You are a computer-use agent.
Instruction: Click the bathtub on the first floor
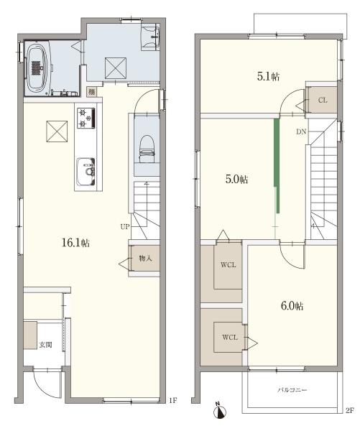point(37,69)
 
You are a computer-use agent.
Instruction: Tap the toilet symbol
point(147,149)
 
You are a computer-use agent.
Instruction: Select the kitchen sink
point(86,172)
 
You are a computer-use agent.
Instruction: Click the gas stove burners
point(86,118)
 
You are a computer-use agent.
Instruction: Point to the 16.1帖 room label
point(75,243)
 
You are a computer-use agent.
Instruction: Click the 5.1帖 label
point(269,76)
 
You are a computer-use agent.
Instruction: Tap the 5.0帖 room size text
point(237,179)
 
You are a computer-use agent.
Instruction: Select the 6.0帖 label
point(292,306)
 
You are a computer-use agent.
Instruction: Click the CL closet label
point(323,101)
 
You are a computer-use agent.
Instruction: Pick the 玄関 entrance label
point(45,345)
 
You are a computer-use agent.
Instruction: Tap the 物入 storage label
point(145,259)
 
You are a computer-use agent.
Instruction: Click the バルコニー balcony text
point(292,390)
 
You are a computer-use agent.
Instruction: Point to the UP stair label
point(124,227)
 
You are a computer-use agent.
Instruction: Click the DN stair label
point(301,131)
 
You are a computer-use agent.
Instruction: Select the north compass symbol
point(219,411)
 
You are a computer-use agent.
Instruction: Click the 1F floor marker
point(172,401)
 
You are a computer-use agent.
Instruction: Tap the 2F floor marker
point(349,411)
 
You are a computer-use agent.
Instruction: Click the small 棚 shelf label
point(91,92)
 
